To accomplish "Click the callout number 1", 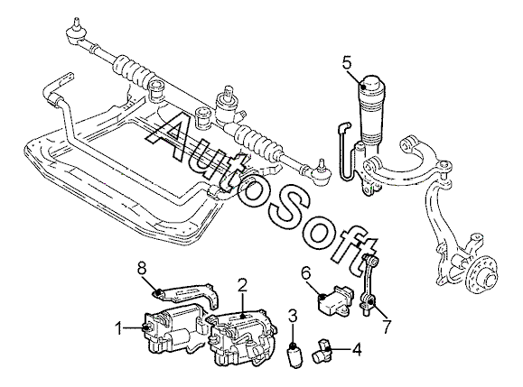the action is [x=118, y=329].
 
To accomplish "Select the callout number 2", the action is [x=242, y=285].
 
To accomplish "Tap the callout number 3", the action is [x=293, y=317].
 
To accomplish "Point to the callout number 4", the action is [x=357, y=350].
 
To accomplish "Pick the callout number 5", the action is [x=347, y=62].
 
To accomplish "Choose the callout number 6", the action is [x=306, y=273].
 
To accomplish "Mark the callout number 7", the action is [x=387, y=327].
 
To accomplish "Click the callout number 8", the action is [x=142, y=269].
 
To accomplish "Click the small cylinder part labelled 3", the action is [x=294, y=355].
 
